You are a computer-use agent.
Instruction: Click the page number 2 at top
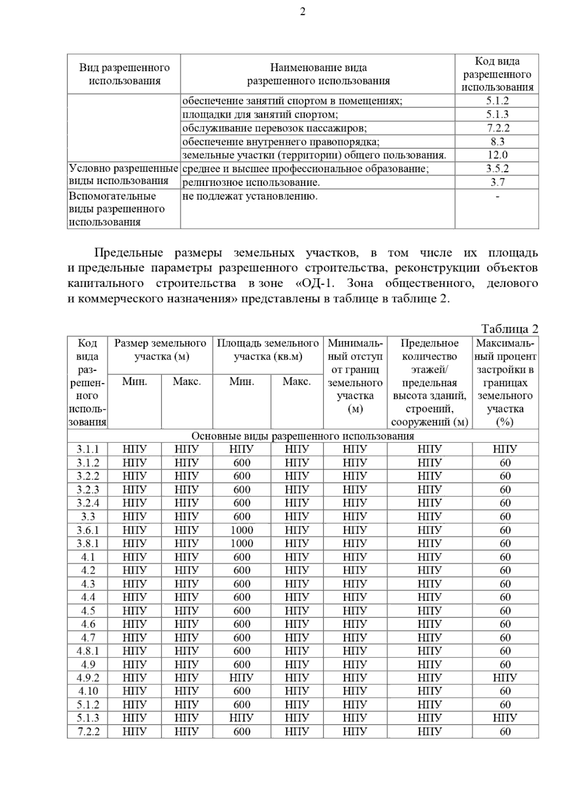click(x=302, y=12)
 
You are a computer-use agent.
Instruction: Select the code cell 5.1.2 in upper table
click(x=497, y=101)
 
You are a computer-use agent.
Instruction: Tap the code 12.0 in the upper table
click(x=497, y=155)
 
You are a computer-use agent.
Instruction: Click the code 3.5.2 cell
click(x=497, y=168)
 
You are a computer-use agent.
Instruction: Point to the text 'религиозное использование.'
click(x=251, y=182)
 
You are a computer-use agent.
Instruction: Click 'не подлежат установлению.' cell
click(x=250, y=196)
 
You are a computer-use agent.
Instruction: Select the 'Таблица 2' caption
click(x=509, y=328)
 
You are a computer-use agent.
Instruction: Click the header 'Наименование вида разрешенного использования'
click(x=318, y=74)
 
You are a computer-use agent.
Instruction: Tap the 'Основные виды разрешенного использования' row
click(x=302, y=436)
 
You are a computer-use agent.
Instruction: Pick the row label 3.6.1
click(x=88, y=530)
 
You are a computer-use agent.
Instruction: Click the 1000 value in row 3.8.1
click(x=242, y=543)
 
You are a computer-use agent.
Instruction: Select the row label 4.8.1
click(x=88, y=651)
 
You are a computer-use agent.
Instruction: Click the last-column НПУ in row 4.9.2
click(x=505, y=678)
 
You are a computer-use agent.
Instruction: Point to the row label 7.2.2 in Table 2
click(x=88, y=732)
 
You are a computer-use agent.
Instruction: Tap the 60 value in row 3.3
click(x=505, y=517)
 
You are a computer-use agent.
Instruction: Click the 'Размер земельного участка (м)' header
click(x=160, y=350)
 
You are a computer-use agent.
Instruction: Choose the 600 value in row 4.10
click(x=242, y=691)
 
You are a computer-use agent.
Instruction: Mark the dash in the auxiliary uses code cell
click(x=497, y=196)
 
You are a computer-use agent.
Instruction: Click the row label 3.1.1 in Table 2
click(x=88, y=449)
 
